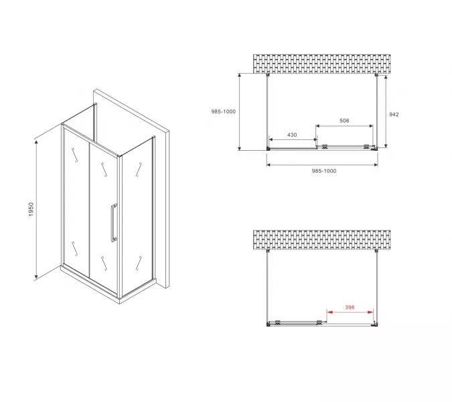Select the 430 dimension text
pos(292,135)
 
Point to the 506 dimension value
pos(344,121)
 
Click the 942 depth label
pos(394,114)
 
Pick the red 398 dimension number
pos(349,308)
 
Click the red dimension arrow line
pos(350,313)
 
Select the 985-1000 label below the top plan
pos(323,171)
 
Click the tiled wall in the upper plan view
pos(321,63)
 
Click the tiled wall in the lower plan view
pos(321,239)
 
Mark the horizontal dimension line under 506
pos(344,127)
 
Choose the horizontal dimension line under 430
pos(292,141)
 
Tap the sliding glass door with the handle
pos(104,208)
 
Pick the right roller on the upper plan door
pos(366,146)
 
